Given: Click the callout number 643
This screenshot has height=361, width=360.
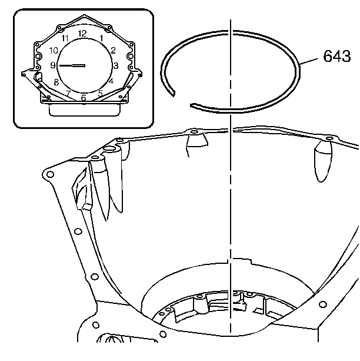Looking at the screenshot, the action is pyautogui.click(x=337, y=56).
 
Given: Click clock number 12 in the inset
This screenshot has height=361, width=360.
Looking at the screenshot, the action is pyautogui.click(x=82, y=34).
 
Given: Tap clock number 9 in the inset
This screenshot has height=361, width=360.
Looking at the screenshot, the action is pyautogui.click(x=53, y=65).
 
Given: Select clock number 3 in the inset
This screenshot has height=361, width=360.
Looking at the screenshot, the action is pyautogui.click(x=116, y=66).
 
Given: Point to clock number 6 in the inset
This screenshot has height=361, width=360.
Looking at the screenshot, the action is pyautogui.click(x=84, y=98).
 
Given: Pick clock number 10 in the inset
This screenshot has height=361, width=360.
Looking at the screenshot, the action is pyautogui.click(x=54, y=51).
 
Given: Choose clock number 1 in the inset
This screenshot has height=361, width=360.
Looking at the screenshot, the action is pyautogui.click(x=101, y=38).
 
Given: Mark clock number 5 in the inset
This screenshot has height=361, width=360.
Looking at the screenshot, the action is pyautogui.click(x=100, y=93).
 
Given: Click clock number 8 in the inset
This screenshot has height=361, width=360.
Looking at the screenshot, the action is pyautogui.click(x=56, y=82).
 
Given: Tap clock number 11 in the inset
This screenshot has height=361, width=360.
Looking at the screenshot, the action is pyautogui.click(x=65, y=38).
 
